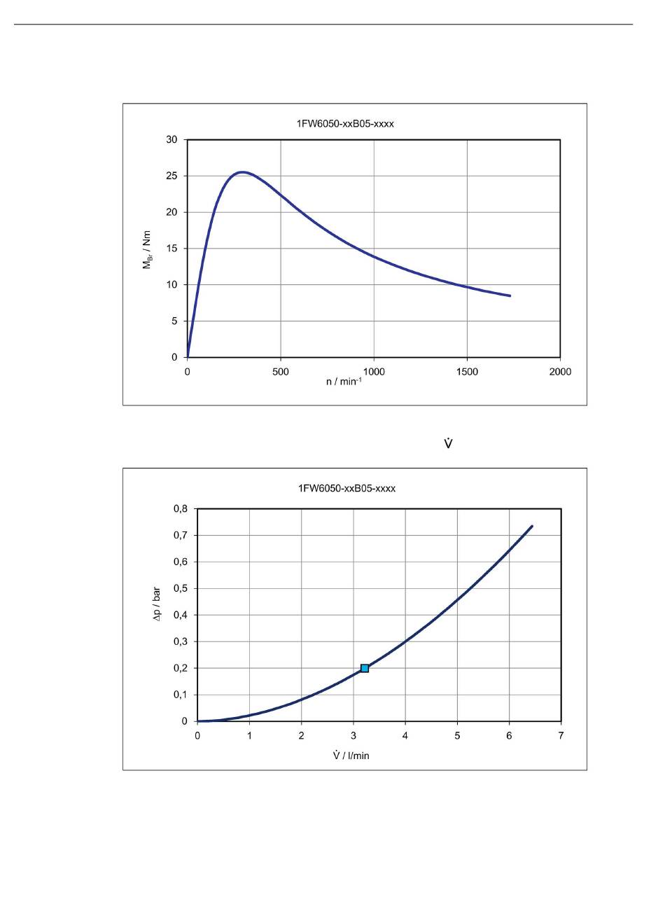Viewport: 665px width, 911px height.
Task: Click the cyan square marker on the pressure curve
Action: click(x=365, y=668)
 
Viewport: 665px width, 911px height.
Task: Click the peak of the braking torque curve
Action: click(x=241, y=172)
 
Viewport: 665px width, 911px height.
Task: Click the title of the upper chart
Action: click(x=346, y=124)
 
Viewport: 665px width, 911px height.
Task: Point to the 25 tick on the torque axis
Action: click(x=171, y=176)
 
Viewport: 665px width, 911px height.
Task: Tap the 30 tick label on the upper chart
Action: click(x=171, y=139)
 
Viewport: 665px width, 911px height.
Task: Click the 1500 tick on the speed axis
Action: click(x=467, y=372)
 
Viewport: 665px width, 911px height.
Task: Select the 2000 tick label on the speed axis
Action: click(x=560, y=372)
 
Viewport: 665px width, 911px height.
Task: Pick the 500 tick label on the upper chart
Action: click(x=281, y=372)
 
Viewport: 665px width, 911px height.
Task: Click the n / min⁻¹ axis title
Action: click(x=344, y=383)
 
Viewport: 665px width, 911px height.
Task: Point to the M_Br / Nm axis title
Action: click(x=148, y=249)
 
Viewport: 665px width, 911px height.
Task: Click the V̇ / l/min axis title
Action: click(x=351, y=756)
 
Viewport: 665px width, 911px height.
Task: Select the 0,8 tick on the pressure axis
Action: click(x=181, y=509)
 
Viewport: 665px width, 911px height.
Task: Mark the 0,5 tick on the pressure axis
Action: click(x=181, y=588)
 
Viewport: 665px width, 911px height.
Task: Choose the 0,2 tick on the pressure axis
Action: click(x=181, y=668)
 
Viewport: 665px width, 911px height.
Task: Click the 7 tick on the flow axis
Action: click(x=561, y=735)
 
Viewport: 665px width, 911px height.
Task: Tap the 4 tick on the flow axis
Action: click(x=405, y=735)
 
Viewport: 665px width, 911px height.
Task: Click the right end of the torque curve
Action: click(x=510, y=295)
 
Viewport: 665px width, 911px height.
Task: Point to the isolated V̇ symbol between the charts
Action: click(x=448, y=444)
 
